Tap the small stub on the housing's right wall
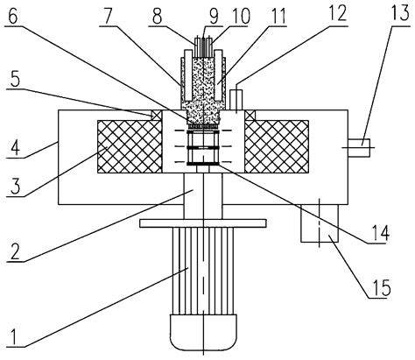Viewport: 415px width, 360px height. click(361, 145)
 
